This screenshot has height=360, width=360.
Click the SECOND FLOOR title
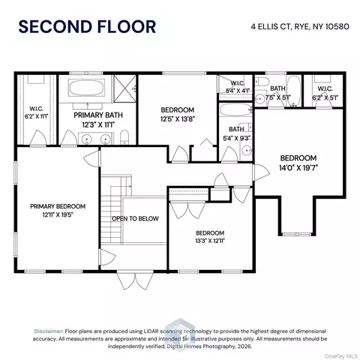click(87, 27)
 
